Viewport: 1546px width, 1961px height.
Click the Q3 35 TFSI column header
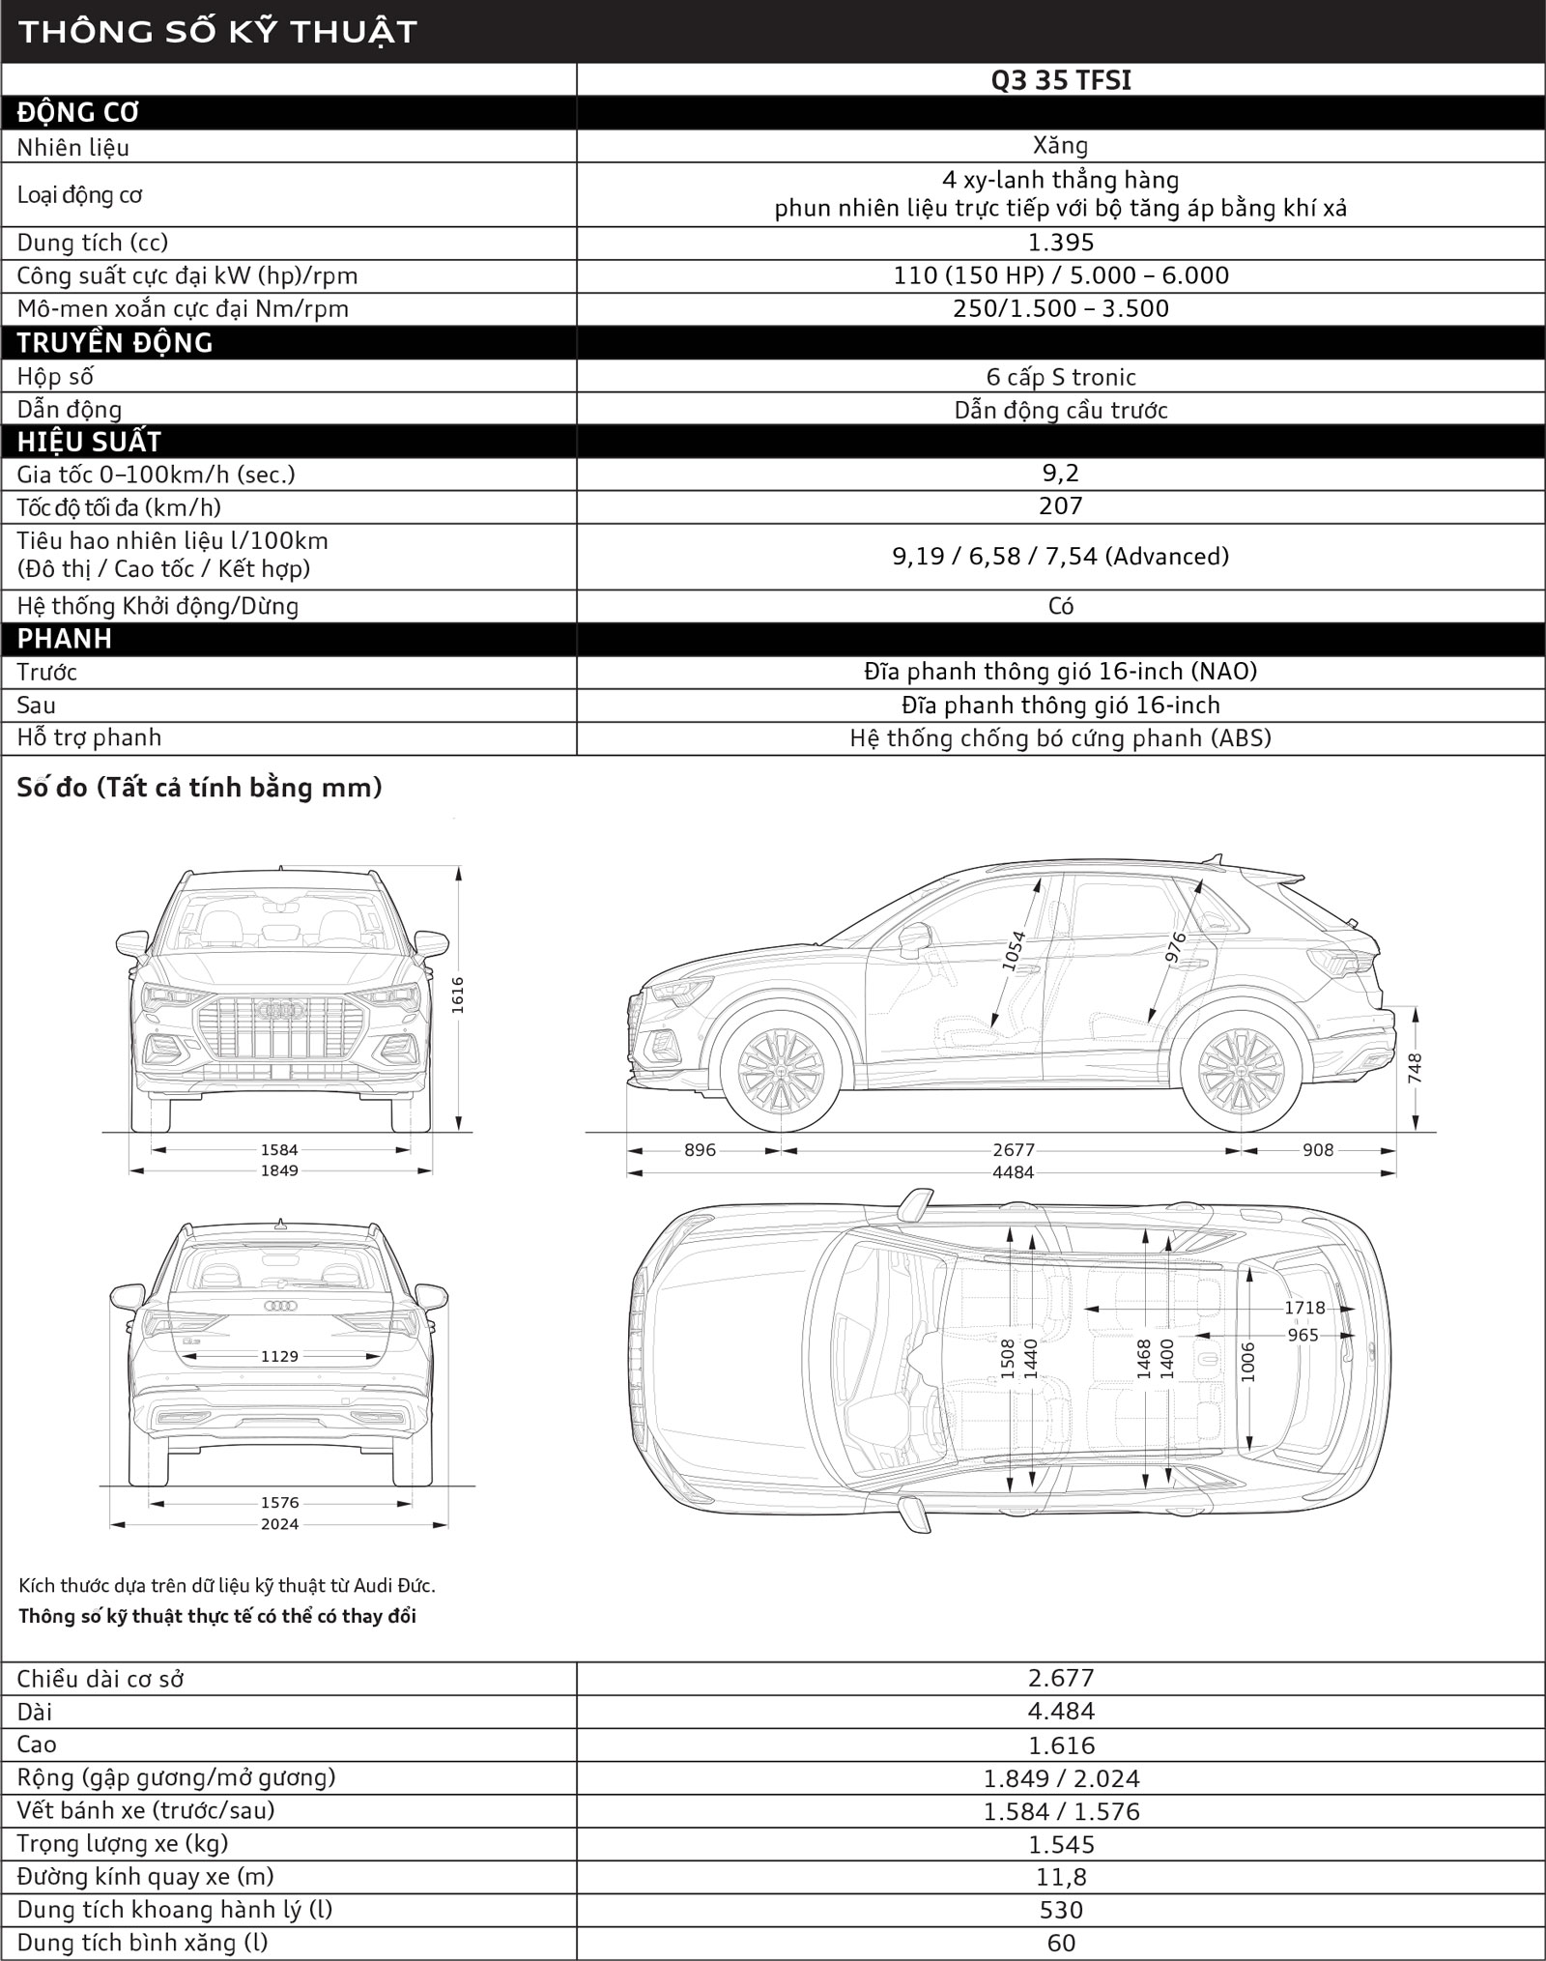[x=1060, y=80]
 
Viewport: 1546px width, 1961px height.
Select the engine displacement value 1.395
[x=1060, y=243]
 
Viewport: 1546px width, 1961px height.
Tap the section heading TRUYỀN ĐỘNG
[x=115, y=343]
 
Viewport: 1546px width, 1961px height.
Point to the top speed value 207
[x=1060, y=506]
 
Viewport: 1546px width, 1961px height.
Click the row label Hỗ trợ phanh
[x=89, y=738]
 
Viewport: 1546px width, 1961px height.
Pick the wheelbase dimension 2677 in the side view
[x=1013, y=1150]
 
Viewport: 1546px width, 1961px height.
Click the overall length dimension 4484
[x=1013, y=1172]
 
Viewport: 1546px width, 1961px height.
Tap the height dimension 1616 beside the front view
[x=458, y=995]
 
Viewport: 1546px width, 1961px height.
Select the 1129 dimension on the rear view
[x=279, y=1357]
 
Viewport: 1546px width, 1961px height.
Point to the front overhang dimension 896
[x=700, y=1150]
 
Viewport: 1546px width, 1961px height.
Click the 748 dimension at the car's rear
[x=1416, y=1069]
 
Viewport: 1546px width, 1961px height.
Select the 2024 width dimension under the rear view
[x=279, y=1524]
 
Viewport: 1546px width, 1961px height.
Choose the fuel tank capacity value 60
[x=1060, y=1943]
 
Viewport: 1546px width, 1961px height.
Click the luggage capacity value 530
[x=1060, y=1910]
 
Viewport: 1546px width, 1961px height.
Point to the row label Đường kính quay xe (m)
[x=145, y=1877]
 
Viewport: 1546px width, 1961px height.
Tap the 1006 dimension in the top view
[x=1247, y=1361]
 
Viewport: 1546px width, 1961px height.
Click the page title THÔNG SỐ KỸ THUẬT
[x=217, y=32]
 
